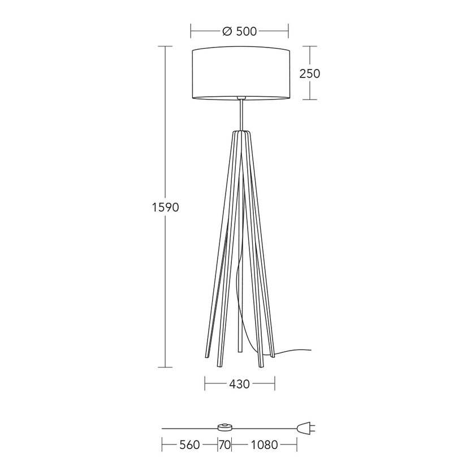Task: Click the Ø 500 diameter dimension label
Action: [x=240, y=31]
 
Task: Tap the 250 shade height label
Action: [x=310, y=74]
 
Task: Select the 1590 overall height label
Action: [x=165, y=207]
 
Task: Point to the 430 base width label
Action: [x=239, y=384]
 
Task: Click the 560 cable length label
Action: [x=189, y=444]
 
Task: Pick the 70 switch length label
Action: [x=225, y=444]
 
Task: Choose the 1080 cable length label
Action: [x=264, y=444]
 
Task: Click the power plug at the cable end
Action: [x=306, y=429]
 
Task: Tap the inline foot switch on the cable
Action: [x=224, y=427]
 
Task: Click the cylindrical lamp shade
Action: [x=241, y=73]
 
